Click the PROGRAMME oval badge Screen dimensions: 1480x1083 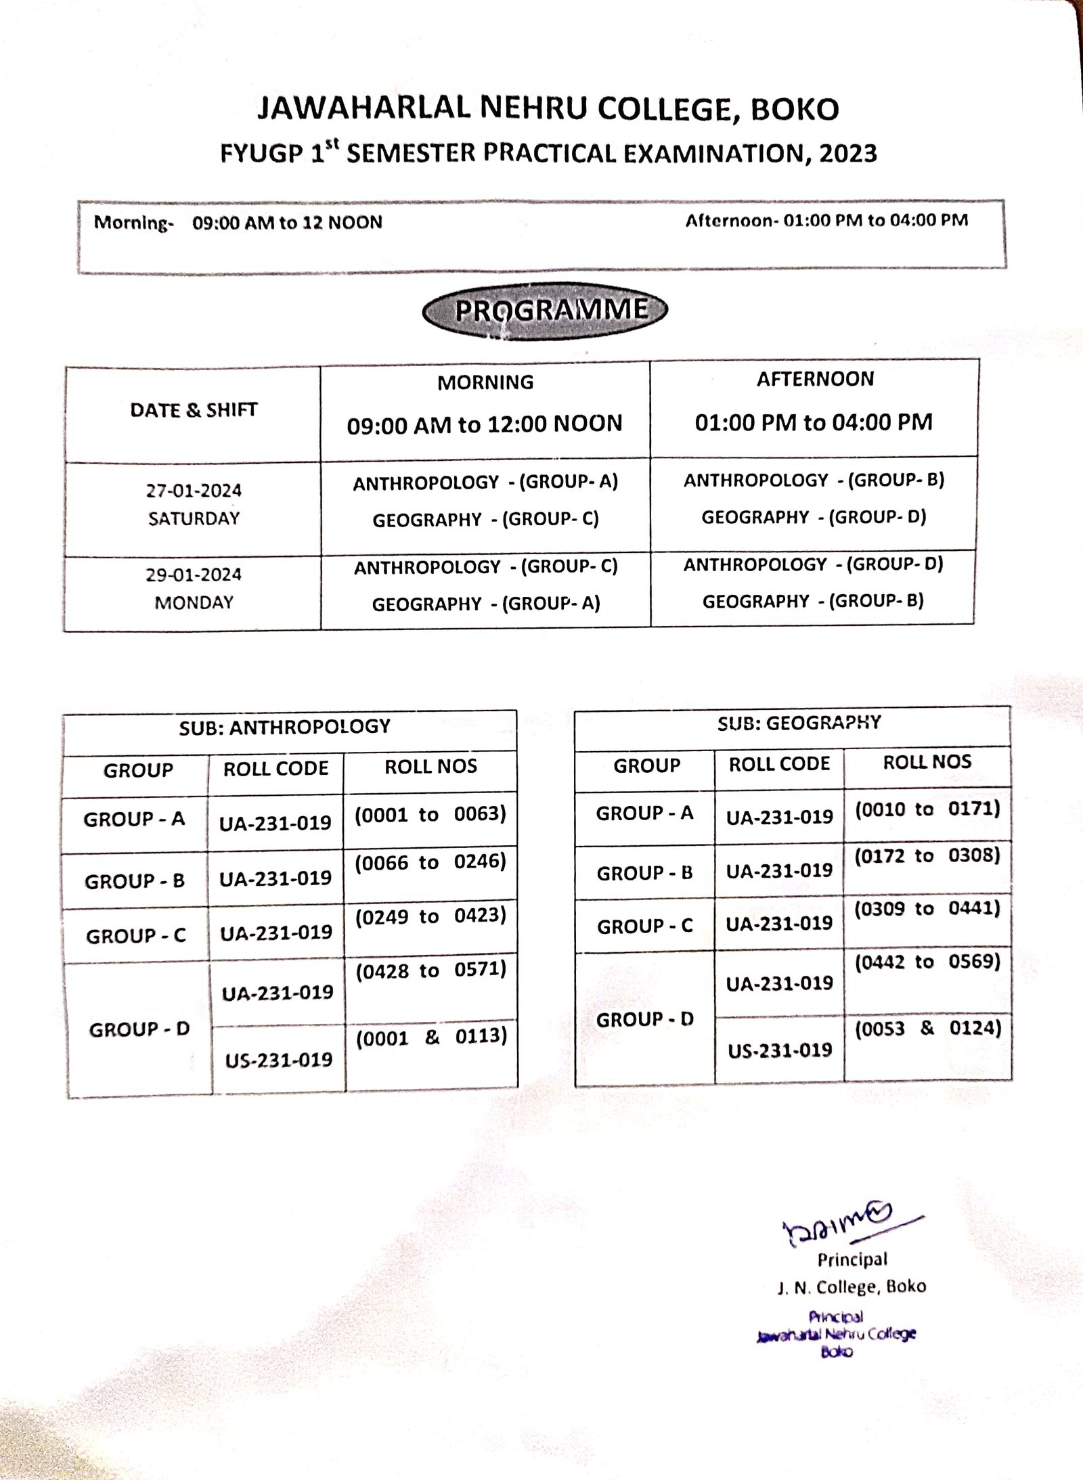[x=545, y=311]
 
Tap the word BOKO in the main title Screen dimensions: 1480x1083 [x=795, y=110]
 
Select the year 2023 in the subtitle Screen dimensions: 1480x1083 [x=847, y=154]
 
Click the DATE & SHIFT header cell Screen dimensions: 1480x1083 [x=194, y=410]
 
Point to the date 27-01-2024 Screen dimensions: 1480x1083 [x=194, y=491]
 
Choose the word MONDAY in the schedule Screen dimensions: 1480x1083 [x=194, y=602]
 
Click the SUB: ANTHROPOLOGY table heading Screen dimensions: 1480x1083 [x=285, y=727]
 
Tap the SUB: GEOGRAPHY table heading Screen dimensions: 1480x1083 [x=799, y=723]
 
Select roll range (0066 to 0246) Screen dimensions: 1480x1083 [x=430, y=862]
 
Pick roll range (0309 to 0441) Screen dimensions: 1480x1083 [x=927, y=908]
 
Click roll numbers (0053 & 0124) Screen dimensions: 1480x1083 [x=927, y=1029]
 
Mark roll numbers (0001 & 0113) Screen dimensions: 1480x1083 [x=431, y=1037]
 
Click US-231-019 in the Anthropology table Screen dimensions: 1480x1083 [x=279, y=1060]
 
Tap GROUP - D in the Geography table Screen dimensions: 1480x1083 [x=644, y=1019]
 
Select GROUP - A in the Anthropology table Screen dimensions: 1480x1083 [x=134, y=820]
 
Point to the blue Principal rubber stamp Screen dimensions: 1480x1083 [x=837, y=1334]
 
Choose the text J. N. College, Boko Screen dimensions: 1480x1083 [x=852, y=1286]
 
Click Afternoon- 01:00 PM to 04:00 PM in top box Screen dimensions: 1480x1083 [x=826, y=221]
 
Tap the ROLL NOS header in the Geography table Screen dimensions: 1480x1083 [x=927, y=762]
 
